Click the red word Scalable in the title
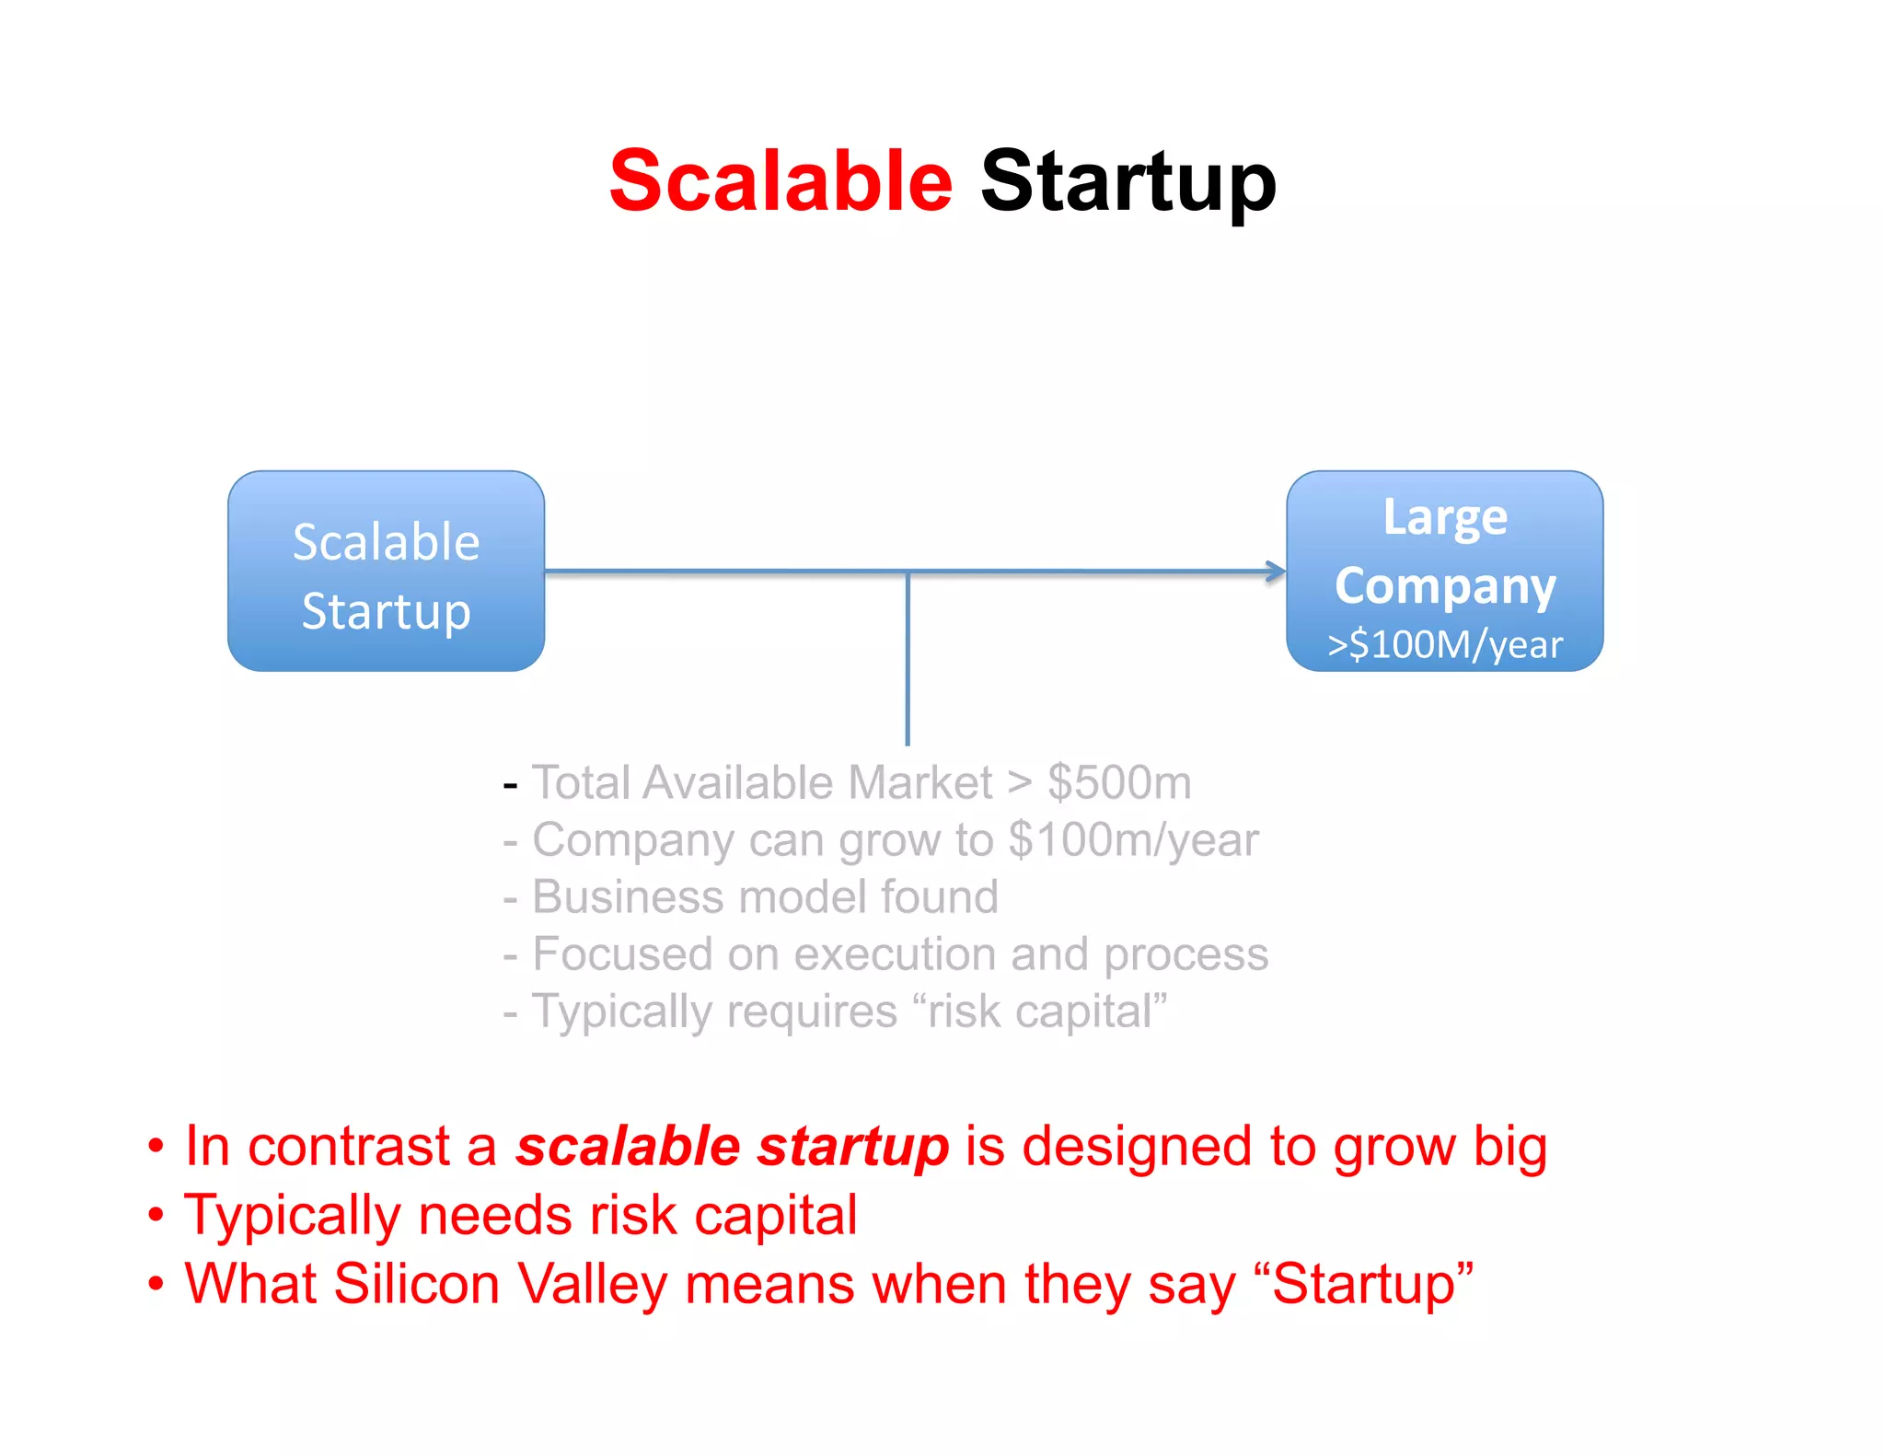tap(780, 181)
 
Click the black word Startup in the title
tap(1128, 183)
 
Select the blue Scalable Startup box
tap(386, 572)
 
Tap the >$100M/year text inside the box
tap(1444, 644)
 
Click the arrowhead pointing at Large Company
tap(1276, 572)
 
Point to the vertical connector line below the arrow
tap(908, 658)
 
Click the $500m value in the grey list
tap(1119, 783)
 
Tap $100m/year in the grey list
tap(1133, 840)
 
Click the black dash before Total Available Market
tap(511, 785)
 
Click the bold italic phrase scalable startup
tap(732, 1147)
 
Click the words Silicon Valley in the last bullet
tap(500, 1285)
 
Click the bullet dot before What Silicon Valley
tap(156, 1283)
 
